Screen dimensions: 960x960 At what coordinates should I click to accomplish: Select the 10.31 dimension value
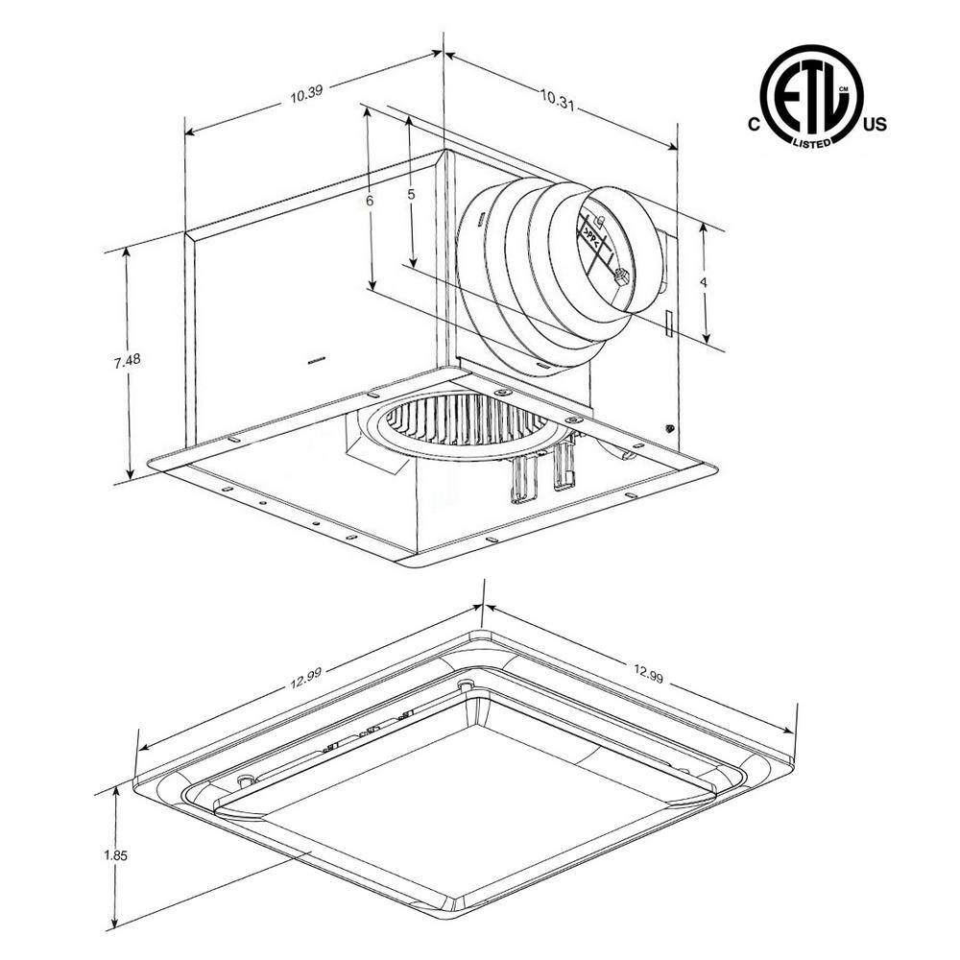(x=557, y=96)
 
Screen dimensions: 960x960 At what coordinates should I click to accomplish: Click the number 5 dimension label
(x=411, y=194)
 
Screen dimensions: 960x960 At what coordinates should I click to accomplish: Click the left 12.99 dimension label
(x=304, y=677)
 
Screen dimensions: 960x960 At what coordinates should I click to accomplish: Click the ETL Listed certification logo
(x=811, y=96)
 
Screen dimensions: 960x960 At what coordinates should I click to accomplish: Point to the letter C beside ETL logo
(x=754, y=125)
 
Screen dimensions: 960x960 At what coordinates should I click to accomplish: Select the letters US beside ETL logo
(x=876, y=125)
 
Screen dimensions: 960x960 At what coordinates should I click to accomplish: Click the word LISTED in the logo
(x=811, y=142)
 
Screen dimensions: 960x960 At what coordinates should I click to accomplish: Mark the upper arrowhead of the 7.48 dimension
(x=127, y=252)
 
